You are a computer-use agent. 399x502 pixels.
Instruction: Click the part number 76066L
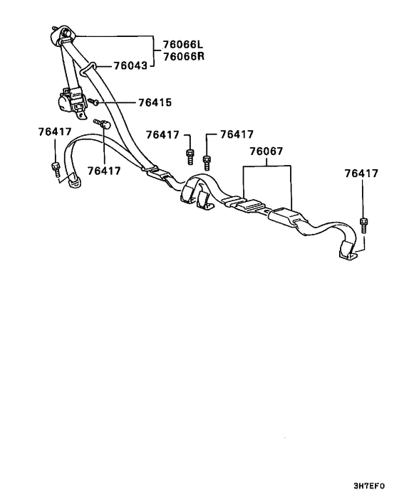183,44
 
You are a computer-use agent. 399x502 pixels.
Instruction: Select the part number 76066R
183,56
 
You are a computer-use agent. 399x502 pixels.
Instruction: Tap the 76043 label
130,65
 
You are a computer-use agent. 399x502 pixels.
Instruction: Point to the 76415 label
155,102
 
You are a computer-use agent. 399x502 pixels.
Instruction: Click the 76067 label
266,151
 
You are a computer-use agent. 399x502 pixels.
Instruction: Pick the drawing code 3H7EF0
369,486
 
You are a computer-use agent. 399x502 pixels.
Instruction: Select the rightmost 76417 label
361,173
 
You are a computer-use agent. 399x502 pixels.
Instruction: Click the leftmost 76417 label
55,132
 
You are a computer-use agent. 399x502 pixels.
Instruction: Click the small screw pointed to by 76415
93,102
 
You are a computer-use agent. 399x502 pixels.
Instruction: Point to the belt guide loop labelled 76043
87,68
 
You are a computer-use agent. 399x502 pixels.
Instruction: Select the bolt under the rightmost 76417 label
363,225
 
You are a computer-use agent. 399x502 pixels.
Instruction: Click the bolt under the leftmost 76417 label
56,169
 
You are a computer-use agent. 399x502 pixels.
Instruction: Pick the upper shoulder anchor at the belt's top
63,35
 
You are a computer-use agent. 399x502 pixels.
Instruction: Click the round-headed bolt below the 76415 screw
102,123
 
